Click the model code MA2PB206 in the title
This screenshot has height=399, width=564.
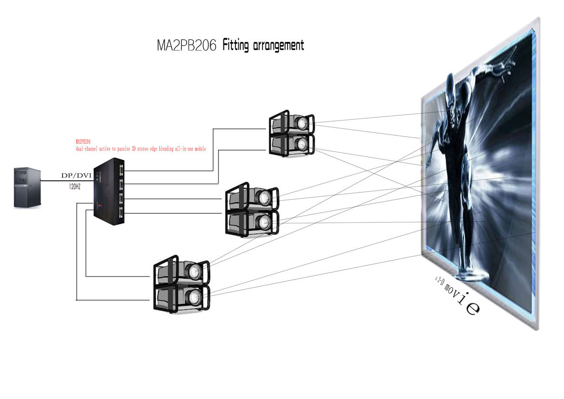point(187,46)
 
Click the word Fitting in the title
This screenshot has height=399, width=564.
point(236,46)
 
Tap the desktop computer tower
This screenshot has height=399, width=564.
point(27,188)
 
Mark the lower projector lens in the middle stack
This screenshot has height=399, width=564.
point(263,221)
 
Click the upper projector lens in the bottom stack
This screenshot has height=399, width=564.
point(195,271)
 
